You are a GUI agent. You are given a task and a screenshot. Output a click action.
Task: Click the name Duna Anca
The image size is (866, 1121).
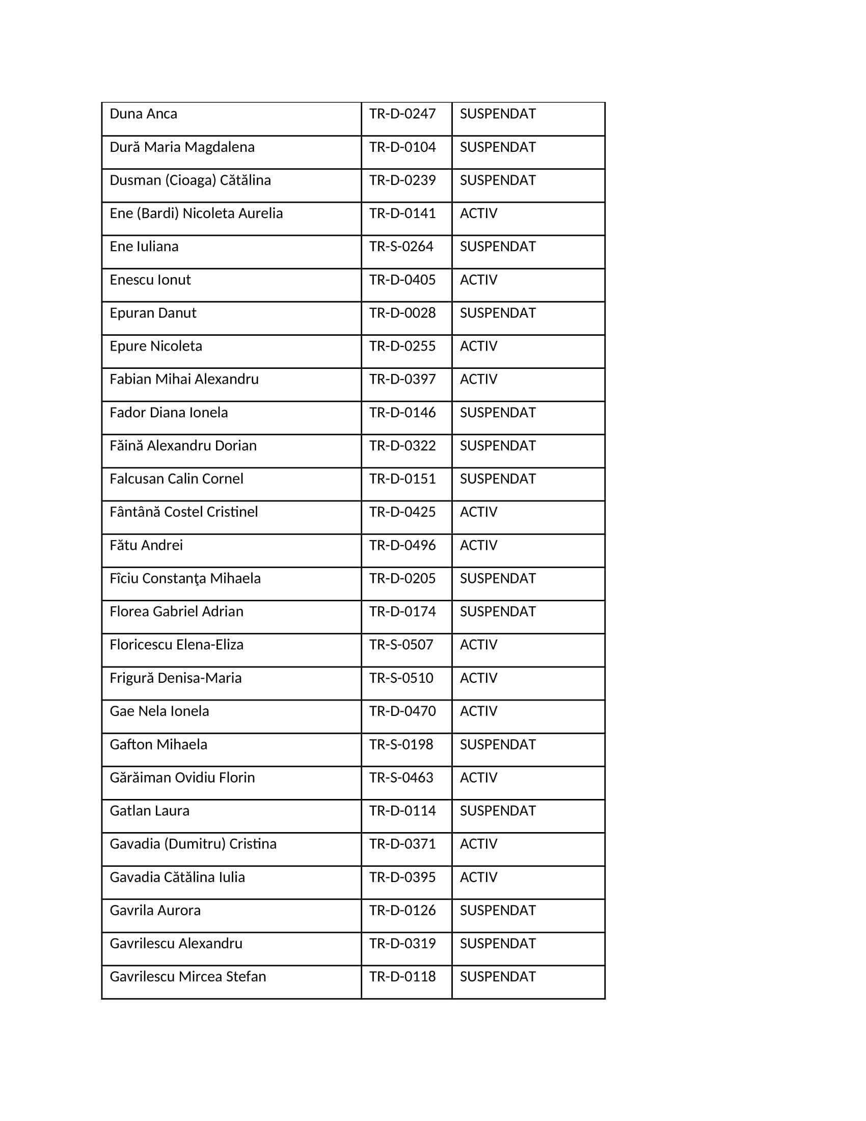click(143, 114)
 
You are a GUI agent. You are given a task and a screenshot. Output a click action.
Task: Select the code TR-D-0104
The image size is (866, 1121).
click(402, 147)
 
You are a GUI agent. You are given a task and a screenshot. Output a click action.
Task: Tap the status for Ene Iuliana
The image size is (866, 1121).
click(497, 247)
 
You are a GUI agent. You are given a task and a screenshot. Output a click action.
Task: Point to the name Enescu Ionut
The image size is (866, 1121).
click(150, 280)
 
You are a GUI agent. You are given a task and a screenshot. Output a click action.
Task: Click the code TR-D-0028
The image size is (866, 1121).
click(402, 313)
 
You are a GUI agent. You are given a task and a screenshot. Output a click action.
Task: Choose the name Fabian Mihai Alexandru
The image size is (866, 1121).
click(184, 379)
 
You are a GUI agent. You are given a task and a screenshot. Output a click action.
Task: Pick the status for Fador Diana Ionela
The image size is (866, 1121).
click(497, 413)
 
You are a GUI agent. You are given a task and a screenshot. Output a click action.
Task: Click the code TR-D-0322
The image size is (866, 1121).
click(402, 446)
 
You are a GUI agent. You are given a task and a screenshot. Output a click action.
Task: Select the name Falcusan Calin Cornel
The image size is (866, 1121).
click(176, 479)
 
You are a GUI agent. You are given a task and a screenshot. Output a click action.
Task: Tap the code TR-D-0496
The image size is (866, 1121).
click(402, 545)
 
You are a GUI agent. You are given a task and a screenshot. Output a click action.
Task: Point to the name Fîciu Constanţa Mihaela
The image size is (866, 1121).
click(185, 578)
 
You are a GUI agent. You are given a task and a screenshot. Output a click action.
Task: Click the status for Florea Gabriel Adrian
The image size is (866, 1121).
click(497, 612)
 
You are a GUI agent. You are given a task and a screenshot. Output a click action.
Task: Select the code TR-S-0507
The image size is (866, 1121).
click(401, 645)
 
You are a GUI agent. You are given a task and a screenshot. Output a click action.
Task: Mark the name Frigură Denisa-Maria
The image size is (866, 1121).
click(175, 678)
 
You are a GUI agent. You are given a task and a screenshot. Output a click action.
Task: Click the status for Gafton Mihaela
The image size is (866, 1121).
click(497, 744)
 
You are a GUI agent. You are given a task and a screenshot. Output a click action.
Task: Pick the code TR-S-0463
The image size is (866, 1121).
click(401, 778)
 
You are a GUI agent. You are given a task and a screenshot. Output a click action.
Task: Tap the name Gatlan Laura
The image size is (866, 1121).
click(149, 811)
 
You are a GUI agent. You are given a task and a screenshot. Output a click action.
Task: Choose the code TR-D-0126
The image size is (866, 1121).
click(402, 911)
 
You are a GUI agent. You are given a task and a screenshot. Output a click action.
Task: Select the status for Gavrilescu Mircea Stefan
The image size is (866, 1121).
click(497, 977)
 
